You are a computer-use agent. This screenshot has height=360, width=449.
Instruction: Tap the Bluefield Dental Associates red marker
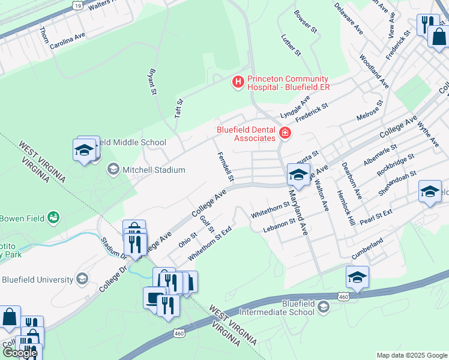285,133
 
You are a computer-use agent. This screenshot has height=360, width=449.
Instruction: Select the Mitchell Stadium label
154,170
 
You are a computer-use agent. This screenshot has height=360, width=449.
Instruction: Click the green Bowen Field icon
53,217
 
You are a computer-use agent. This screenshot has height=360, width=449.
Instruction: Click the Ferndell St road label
225,166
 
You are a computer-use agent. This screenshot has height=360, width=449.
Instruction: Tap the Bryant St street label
151,82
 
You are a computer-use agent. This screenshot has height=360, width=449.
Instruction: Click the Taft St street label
178,109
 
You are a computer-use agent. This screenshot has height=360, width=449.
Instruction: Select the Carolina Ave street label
67,41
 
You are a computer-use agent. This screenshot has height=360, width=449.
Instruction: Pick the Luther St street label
291,45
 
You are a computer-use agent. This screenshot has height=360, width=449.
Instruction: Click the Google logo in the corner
19,353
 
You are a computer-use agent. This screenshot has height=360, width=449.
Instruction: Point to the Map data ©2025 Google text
412,355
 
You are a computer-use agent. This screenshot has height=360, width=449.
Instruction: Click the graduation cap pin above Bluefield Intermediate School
357,277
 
